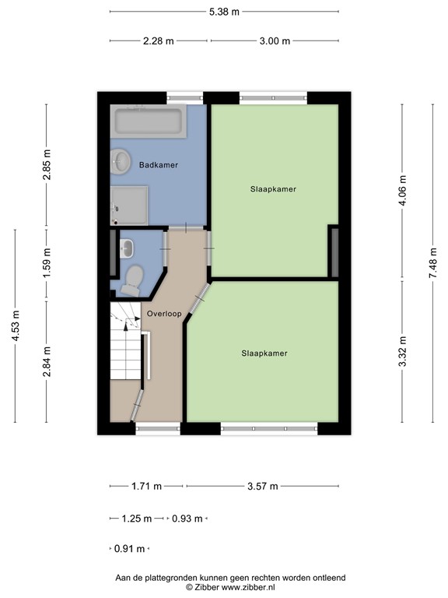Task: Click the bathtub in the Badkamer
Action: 148,121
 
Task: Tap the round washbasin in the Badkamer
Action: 121,161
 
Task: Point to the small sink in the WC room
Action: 127,248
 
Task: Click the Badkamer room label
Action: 159,166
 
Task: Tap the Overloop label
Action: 163,314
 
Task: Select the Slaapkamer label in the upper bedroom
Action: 273,189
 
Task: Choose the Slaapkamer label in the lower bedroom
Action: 264,353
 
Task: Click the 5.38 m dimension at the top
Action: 224,12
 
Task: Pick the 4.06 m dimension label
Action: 402,190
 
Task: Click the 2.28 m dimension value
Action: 158,40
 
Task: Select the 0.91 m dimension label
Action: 130,548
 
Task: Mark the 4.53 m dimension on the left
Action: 16,325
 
